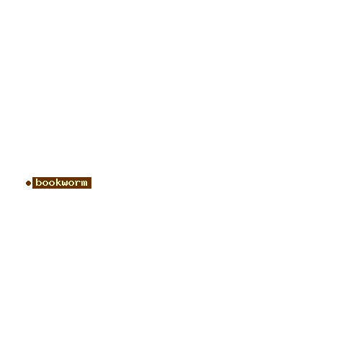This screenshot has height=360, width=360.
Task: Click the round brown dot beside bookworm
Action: pyautogui.click(x=28, y=183)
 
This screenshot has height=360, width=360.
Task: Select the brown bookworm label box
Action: pyautogui.click(x=62, y=183)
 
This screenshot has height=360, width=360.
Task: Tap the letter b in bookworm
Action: pyautogui.click(x=38, y=182)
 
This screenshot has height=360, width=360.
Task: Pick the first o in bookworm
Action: pyautogui.click(x=45, y=184)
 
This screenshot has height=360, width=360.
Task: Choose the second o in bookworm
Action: pyautogui.click(x=51, y=184)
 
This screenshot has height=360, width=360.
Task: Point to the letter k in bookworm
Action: pyautogui.click(x=58, y=182)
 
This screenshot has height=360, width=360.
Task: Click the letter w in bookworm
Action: pyautogui.click(x=64, y=184)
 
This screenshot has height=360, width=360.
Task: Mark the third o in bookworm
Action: pyautogui.click(x=71, y=184)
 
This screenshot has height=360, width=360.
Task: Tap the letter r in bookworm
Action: pyautogui.click(x=78, y=184)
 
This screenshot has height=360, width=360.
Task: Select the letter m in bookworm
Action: pyautogui.click(x=84, y=184)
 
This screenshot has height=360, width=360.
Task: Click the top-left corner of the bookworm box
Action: pyautogui.click(x=32, y=177)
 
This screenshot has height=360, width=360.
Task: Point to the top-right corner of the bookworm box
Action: pyautogui.click(x=91, y=177)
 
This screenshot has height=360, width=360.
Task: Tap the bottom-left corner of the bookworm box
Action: pyautogui.click(x=32, y=189)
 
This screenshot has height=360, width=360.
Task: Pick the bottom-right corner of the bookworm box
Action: pyautogui.click(x=91, y=189)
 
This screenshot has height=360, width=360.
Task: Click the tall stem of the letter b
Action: pyautogui.click(x=37, y=182)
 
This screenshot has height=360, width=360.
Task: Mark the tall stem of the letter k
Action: pyautogui.click(x=56, y=182)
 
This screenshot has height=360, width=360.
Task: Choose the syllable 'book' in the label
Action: pyautogui.click(x=48, y=182)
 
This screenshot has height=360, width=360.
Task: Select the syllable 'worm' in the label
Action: pyautogui.click(x=74, y=184)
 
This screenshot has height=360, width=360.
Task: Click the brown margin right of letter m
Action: pyautogui.click(x=89, y=183)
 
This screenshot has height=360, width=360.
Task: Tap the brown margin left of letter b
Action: pyautogui.click(x=34, y=183)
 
